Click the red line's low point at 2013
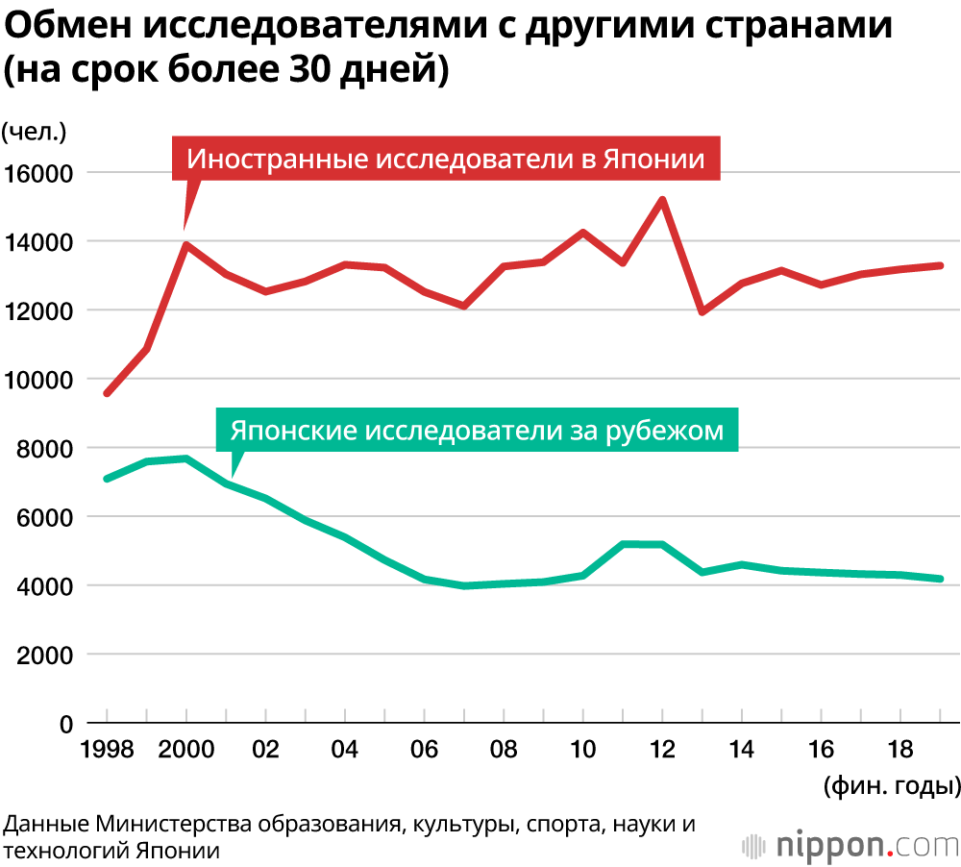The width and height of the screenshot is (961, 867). [702, 311]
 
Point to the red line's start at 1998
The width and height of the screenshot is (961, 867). [107, 393]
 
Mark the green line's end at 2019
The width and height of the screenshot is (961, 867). [941, 579]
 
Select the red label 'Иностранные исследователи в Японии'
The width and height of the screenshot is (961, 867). [446, 159]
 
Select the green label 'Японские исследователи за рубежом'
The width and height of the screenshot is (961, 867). [477, 431]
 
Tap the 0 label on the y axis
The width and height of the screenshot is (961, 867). [67, 724]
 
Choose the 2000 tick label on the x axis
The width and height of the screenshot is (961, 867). [185, 751]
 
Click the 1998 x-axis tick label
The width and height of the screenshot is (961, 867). [107, 751]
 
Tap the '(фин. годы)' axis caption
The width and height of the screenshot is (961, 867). [891, 786]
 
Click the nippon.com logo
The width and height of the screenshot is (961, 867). [850, 845]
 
